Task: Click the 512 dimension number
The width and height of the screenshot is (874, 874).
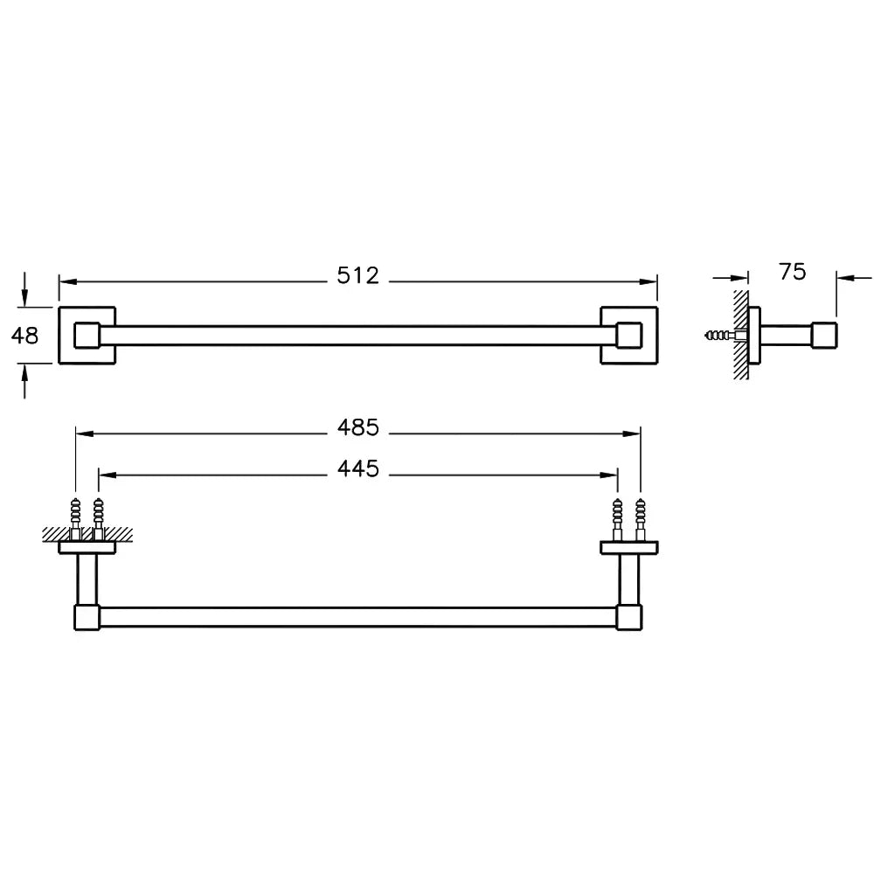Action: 357,275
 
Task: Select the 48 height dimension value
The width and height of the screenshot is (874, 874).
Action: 25,336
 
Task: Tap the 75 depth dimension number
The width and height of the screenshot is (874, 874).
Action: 792,272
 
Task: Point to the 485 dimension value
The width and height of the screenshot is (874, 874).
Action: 357,427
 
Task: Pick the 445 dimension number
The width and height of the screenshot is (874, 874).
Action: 357,468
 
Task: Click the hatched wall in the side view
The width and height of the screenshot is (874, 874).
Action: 741,335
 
